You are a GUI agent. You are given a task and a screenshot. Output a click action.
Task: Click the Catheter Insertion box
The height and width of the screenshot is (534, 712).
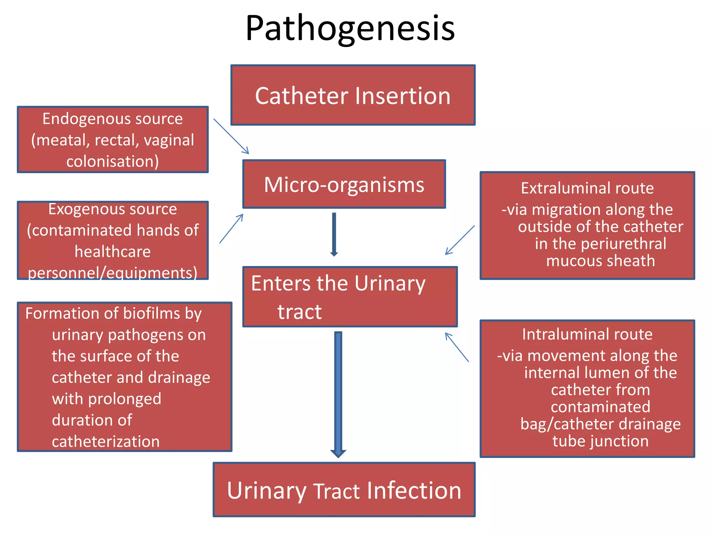coord(353,95)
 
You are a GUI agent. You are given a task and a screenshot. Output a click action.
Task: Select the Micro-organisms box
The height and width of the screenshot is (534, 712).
coord(344,184)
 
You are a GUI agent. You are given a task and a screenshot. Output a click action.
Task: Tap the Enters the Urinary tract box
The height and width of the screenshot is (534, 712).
coord(350,297)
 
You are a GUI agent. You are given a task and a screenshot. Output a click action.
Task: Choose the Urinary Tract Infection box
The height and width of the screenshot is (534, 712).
coord(344,490)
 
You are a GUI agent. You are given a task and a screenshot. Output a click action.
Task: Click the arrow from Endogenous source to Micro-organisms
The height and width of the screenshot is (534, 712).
coord(231,136)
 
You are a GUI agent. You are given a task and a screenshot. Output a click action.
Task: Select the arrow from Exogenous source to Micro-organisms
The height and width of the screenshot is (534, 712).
coord(231,228)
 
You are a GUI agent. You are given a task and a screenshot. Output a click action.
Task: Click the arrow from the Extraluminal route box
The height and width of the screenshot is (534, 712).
coord(460,240)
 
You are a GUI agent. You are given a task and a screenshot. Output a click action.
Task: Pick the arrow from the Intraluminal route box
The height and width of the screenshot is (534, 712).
coord(457,347)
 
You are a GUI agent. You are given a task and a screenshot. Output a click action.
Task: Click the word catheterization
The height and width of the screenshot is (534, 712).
coord(106,442)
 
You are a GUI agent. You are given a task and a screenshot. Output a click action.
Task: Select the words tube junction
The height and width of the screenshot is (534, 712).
coord(600,441)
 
